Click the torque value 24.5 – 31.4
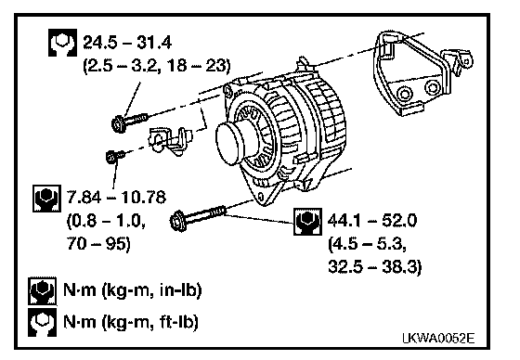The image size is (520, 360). (127, 43)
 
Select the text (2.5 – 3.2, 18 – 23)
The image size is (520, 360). (156, 65)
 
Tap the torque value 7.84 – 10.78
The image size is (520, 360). (116, 197)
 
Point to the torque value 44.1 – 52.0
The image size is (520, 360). (372, 220)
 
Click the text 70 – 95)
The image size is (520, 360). (98, 244)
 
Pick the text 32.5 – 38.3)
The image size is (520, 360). (375, 266)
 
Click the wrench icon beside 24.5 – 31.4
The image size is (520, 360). (63, 43)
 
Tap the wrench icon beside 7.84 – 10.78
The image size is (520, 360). (47, 199)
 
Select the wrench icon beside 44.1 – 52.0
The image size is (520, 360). (307, 222)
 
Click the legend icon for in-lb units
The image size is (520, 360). (42, 290)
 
